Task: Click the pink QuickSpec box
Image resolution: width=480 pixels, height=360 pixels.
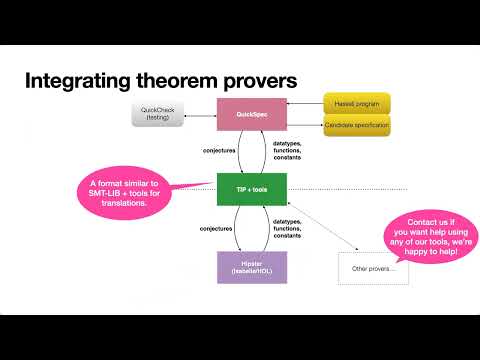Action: (x=252, y=115)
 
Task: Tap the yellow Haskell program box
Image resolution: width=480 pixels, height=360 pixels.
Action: (x=356, y=104)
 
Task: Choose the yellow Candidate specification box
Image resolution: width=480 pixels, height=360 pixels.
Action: (x=356, y=126)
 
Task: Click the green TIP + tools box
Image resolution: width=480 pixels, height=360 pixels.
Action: (x=252, y=187)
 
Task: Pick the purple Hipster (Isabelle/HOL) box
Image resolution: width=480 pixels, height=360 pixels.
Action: (x=252, y=267)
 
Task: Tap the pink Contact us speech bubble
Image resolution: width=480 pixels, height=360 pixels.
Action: (x=422, y=236)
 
